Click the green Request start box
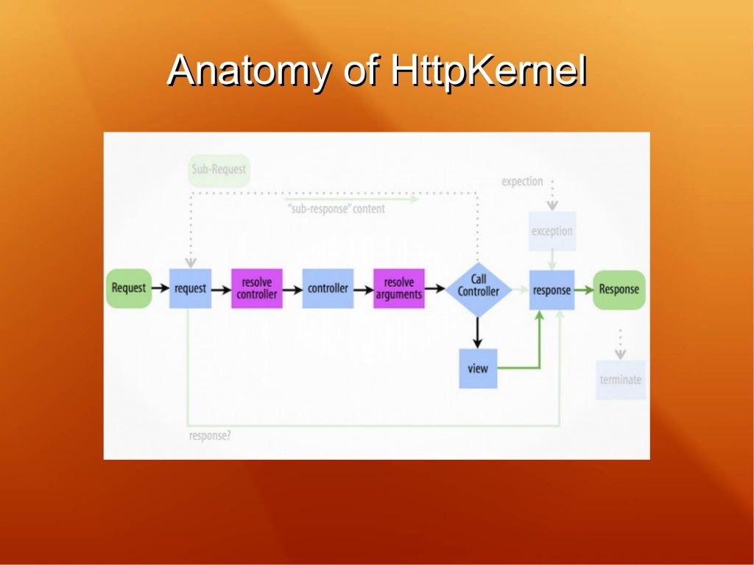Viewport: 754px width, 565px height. point(129,288)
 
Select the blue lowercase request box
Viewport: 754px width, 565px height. point(190,288)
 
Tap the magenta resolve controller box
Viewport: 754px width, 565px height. point(256,288)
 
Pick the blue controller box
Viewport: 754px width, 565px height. point(328,288)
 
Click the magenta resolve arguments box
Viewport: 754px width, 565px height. point(398,288)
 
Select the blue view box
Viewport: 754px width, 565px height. point(478,368)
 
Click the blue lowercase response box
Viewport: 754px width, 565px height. point(552,289)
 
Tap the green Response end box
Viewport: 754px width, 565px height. point(619,289)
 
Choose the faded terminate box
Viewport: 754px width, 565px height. point(620,380)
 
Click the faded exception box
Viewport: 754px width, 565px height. point(552,231)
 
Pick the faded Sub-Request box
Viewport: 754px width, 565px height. point(219,170)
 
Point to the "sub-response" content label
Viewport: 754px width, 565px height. point(336,209)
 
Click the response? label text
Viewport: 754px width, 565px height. point(210,436)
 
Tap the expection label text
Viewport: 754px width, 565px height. point(522,181)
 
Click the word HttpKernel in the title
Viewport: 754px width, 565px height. point(488,71)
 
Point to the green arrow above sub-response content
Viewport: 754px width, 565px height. point(352,199)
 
